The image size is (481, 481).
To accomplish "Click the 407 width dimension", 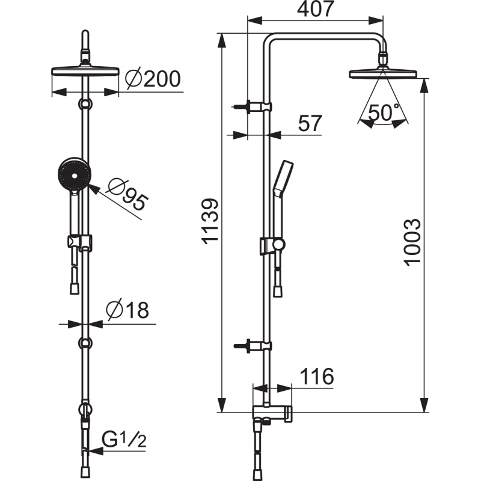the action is pyautogui.click(x=315, y=9).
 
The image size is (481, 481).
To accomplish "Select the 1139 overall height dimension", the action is pyautogui.click(x=210, y=221).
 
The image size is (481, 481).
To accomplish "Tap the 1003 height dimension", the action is pyautogui.click(x=412, y=242).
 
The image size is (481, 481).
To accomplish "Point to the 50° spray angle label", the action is pyautogui.click(x=384, y=112).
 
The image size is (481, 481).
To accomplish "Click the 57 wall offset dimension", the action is pyautogui.click(x=310, y=123).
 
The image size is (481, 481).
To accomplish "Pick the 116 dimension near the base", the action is pyautogui.click(x=317, y=376).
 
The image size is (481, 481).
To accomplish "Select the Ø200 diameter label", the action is pyautogui.click(x=153, y=79).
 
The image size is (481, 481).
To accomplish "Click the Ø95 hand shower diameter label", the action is pyautogui.click(x=127, y=195).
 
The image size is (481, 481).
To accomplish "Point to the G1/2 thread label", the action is pyautogui.click(x=124, y=441).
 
